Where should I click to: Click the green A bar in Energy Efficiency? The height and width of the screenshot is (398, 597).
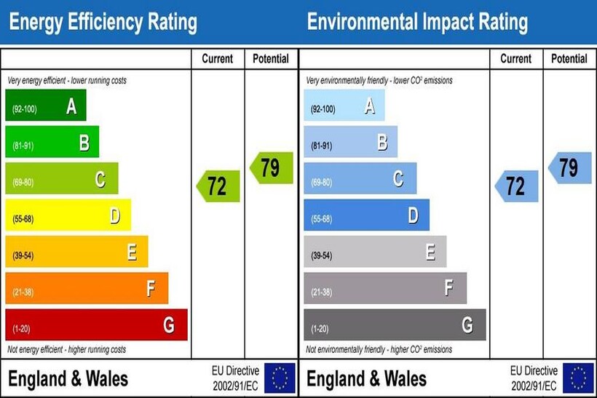pyautogui.click(x=45, y=106)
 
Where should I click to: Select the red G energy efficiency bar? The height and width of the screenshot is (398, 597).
pyautogui.click(x=96, y=325)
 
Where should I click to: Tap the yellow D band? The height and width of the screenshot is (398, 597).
pyautogui.click(x=68, y=215)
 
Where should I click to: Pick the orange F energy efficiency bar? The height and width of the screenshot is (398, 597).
pyautogui.click(x=86, y=288)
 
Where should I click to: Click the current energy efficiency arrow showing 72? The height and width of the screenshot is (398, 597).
pyautogui.click(x=218, y=186)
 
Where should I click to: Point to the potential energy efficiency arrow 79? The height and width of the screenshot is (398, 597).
pyautogui.click(x=271, y=168)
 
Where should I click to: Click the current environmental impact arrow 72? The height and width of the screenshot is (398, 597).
pyautogui.click(x=516, y=186)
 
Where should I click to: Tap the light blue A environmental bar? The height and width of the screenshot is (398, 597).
pyautogui.click(x=344, y=106)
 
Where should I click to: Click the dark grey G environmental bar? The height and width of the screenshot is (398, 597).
pyautogui.click(x=395, y=325)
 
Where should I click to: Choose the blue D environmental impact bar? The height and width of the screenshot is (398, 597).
pyautogui.click(x=366, y=215)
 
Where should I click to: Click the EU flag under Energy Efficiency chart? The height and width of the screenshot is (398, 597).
pyautogui.click(x=280, y=378)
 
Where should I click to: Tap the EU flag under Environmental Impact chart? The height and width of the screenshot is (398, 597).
pyautogui.click(x=578, y=378)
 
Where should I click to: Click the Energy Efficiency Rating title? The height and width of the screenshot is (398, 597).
pyautogui.click(x=103, y=23)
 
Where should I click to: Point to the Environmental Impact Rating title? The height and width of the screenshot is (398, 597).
pyautogui.click(x=417, y=23)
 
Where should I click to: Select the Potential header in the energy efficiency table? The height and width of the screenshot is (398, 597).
pyautogui.click(x=271, y=59)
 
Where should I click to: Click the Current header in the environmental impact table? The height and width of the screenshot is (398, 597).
pyautogui.click(x=516, y=59)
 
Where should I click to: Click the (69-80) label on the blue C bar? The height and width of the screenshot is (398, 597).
pyautogui.click(x=322, y=183)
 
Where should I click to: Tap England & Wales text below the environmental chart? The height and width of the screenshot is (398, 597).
pyautogui.click(x=366, y=379)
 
